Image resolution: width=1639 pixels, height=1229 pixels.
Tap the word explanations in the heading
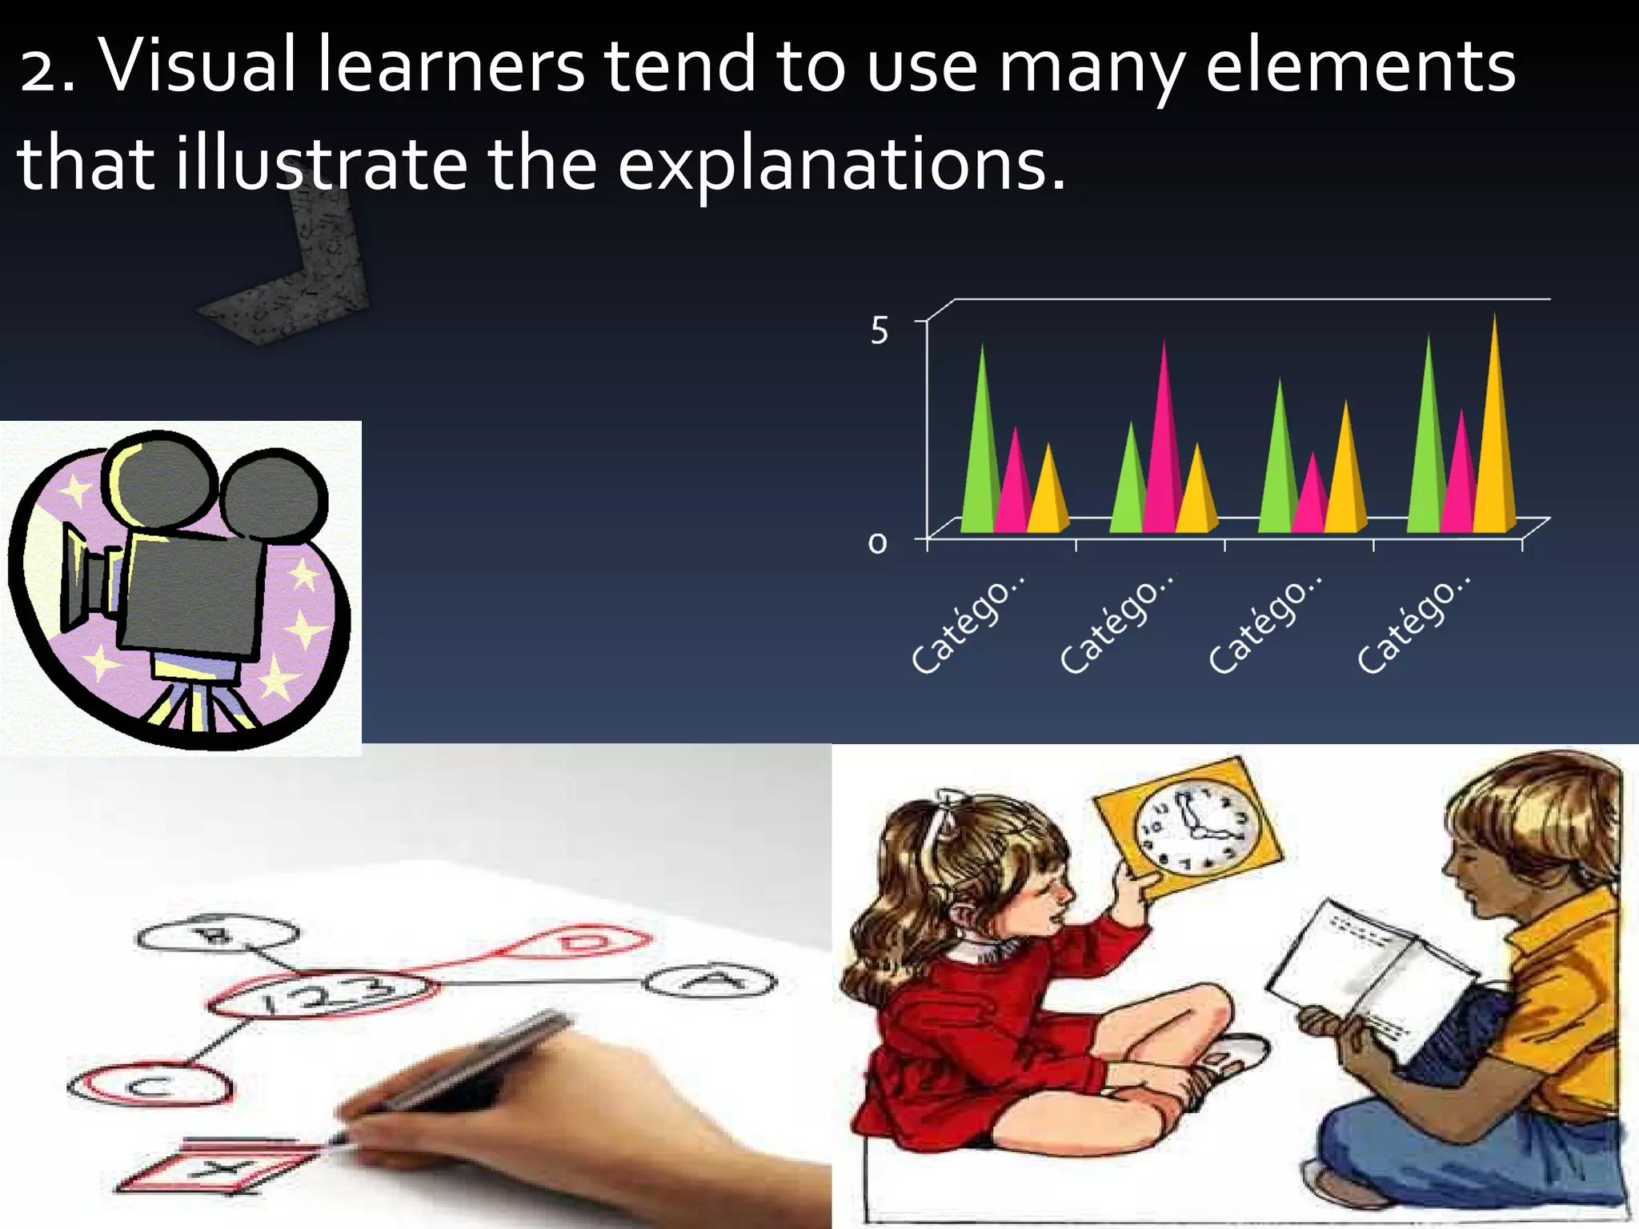point(840,164)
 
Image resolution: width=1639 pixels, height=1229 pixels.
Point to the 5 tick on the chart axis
point(879,330)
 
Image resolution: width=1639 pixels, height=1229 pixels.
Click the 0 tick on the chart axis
point(878,544)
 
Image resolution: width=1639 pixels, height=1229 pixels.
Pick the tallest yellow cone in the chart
point(1494,432)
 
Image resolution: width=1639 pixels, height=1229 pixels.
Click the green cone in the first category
point(980,448)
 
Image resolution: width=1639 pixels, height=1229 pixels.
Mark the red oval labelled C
point(150,1086)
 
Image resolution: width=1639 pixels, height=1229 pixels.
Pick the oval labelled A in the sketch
point(709,982)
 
